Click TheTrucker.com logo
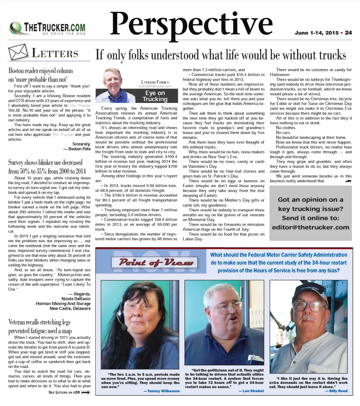click(x=48, y=28)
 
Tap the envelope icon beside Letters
click(x=18, y=52)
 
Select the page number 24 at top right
click(x=348, y=33)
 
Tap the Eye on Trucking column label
click(x=155, y=96)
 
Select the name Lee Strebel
click(x=251, y=391)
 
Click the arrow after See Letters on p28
click(x=86, y=393)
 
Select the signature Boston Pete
click(x=77, y=149)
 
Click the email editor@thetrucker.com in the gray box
click(x=310, y=227)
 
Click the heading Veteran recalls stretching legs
click(x=39, y=322)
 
